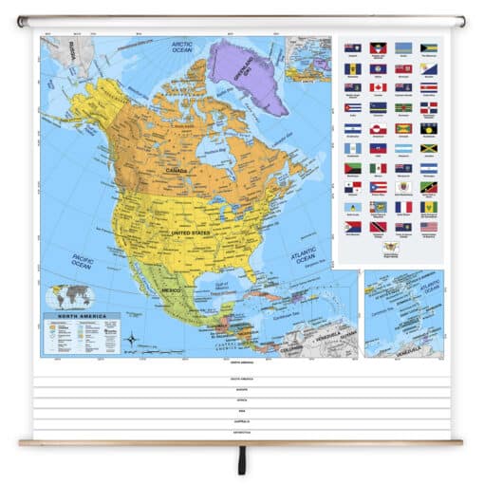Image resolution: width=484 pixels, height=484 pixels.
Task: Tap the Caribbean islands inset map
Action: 402,314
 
